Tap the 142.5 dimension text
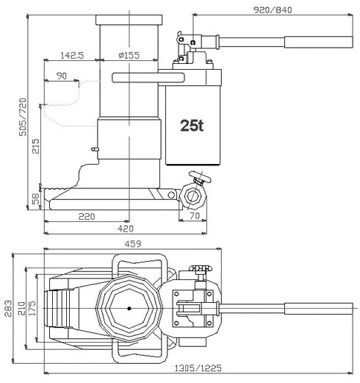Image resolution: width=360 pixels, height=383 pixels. click(x=71, y=54)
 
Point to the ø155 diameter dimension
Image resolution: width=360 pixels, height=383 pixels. click(x=129, y=54)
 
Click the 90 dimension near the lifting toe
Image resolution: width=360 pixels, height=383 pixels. click(x=61, y=76)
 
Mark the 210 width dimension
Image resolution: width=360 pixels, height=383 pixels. click(x=21, y=308)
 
